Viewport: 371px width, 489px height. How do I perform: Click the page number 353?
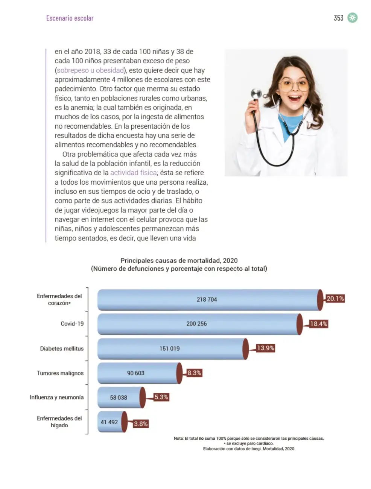338,18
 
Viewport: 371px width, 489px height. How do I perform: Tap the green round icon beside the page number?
352,18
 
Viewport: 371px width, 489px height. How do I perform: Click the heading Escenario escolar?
70,18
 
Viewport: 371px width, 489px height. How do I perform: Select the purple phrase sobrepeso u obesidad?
90,70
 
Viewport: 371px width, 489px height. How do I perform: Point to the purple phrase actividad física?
133,173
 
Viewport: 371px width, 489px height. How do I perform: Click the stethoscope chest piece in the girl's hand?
256,94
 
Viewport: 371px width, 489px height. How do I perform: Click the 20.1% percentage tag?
335,299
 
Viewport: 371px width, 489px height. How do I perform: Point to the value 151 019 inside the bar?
169,348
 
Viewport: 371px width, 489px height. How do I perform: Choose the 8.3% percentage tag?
194,373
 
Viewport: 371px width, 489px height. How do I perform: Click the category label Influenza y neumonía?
57,398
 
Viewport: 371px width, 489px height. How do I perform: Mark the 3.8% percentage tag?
141,424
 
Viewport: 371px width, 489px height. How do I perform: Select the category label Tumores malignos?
60,373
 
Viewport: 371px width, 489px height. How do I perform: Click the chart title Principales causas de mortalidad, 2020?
179,260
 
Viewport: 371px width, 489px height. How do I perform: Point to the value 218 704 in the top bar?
207,299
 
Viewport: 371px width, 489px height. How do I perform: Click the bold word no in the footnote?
201,439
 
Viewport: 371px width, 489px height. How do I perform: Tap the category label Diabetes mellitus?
62,349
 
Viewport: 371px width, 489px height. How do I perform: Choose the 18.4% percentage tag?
319,324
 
